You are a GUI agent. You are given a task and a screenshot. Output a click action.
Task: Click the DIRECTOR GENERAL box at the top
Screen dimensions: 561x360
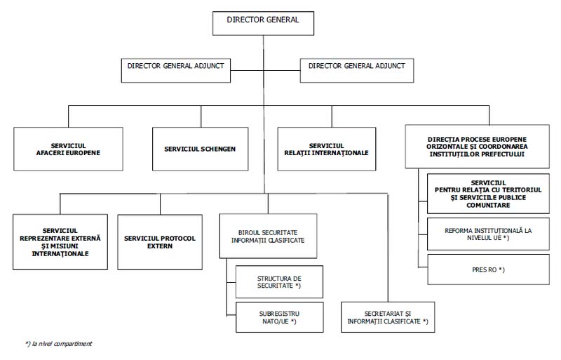pos(263,23)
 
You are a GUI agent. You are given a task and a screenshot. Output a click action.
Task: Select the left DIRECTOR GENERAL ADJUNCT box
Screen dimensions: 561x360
pos(176,71)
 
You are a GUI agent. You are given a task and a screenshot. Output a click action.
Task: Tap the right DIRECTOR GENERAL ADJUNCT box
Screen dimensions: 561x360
pos(357,71)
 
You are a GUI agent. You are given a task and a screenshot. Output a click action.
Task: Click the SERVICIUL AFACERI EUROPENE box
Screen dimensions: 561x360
pos(68,149)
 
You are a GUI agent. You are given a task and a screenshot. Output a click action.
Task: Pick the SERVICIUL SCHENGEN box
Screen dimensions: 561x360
pos(201,149)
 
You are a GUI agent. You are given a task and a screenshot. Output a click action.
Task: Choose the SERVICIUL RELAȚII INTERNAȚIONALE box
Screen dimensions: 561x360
pos(327,149)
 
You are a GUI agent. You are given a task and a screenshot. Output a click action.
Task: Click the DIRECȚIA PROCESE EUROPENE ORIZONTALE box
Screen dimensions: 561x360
pos(478,147)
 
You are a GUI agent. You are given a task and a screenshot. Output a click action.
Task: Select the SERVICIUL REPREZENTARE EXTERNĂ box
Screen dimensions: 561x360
pos(60,242)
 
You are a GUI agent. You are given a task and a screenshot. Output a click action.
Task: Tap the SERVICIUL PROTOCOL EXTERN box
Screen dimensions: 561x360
pos(160,242)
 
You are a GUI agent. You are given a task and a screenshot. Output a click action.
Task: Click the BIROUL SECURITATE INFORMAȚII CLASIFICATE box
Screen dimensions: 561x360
pos(268,236)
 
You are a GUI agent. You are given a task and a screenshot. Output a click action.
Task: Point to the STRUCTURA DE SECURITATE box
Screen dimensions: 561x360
pos(279,282)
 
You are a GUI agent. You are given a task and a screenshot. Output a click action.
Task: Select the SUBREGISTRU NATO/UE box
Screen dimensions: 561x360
pos(279,317)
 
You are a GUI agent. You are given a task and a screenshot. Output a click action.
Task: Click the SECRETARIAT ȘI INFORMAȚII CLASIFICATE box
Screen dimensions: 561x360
pos(388,317)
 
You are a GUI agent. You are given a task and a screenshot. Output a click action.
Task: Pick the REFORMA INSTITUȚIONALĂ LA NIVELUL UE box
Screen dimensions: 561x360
pos(488,234)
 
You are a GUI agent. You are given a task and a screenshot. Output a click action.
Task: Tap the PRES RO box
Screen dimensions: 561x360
pos(488,269)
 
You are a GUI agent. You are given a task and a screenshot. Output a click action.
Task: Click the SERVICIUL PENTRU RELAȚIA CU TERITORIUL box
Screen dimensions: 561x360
pos(488,194)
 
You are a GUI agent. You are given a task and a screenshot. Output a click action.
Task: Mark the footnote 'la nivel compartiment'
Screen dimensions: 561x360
pos(59,344)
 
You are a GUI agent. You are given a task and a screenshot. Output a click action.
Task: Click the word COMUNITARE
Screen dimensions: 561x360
pos(488,205)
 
